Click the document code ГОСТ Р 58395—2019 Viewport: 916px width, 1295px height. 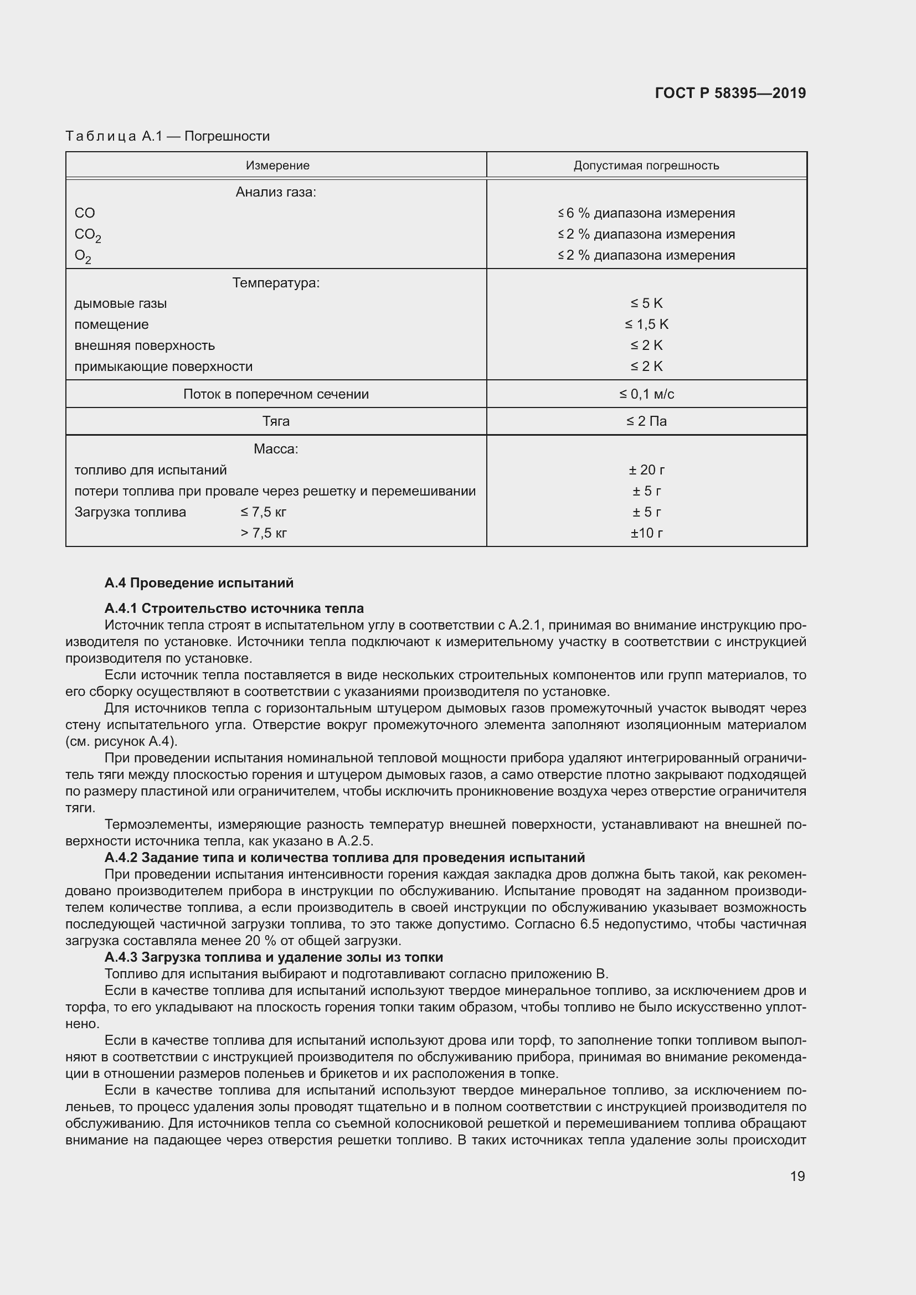(x=730, y=93)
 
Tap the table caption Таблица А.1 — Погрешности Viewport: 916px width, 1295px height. (x=167, y=136)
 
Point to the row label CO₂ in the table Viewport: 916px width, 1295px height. (x=88, y=235)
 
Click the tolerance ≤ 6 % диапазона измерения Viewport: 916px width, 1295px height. (x=646, y=213)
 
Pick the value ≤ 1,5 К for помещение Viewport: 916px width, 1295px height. (x=646, y=324)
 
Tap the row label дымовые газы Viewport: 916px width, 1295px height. (x=120, y=303)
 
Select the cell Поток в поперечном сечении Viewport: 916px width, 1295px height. (x=276, y=394)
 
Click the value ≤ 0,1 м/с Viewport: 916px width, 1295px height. (x=646, y=394)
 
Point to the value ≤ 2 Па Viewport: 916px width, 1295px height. (x=646, y=421)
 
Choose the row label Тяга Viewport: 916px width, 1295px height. (x=276, y=421)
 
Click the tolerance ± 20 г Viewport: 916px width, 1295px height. (x=646, y=470)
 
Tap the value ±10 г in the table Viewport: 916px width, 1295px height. (x=646, y=533)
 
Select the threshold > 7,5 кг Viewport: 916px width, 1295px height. (x=264, y=533)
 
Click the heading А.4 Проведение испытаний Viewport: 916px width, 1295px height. (x=199, y=582)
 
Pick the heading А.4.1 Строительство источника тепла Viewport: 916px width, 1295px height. (x=234, y=608)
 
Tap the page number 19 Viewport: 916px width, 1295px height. (x=797, y=1176)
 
